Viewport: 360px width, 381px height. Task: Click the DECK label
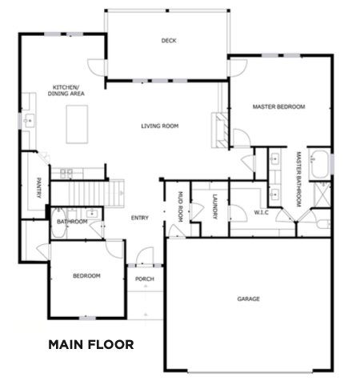click(169, 41)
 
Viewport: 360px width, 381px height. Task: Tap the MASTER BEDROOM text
click(278, 106)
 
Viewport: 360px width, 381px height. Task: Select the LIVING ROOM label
click(160, 126)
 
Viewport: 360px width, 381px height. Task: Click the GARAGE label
click(248, 299)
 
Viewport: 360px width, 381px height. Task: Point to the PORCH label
click(145, 279)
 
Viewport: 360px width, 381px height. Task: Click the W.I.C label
click(261, 212)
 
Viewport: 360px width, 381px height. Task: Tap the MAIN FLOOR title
click(91, 344)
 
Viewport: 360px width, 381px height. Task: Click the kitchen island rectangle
click(77, 124)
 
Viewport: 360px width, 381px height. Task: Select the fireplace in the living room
click(220, 130)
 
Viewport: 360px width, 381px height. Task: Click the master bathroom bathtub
click(319, 164)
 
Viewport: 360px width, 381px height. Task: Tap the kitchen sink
click(29, 121)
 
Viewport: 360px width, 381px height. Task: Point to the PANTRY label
click(38, 188)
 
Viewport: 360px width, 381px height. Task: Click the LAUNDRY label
click(214, 207)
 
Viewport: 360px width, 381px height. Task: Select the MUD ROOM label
click(180, 207)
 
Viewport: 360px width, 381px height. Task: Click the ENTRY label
click(140, 218)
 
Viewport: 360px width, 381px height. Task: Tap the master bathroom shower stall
click(322, 195)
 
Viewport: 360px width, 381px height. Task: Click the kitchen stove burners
click(66, 174)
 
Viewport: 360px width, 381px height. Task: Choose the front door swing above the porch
click(145, 256)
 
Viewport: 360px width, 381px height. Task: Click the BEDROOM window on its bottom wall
click(87, 318)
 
